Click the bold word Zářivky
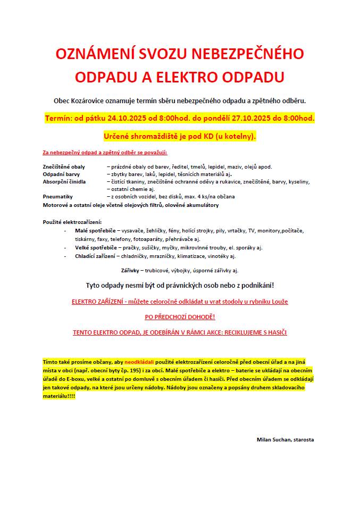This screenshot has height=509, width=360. [x=130, y=270]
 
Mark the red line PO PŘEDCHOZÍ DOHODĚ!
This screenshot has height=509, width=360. [x=180, y=317]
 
